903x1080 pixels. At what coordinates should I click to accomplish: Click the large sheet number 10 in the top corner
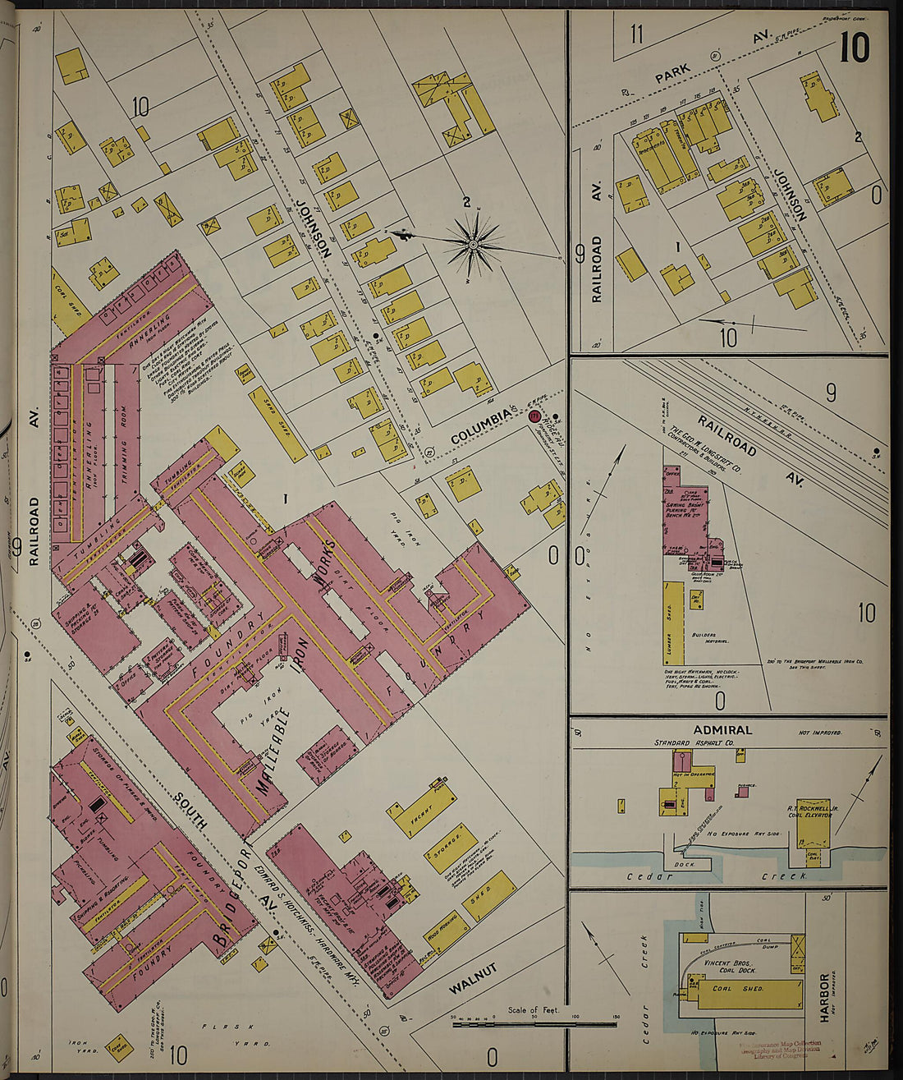[x=855, y=48]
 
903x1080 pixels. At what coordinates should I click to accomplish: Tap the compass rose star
[x=474, y=244]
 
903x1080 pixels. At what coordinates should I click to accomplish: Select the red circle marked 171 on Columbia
[x=534, y=417]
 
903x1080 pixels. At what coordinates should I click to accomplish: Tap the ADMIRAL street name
[x=722, y=730]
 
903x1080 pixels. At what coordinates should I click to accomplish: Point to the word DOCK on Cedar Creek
[x=685, y=864]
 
